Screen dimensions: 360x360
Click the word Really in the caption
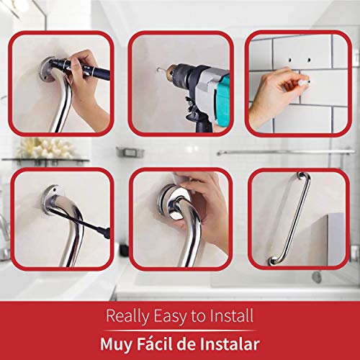coord(127,315)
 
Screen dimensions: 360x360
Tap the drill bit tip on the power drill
coord(160,70)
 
